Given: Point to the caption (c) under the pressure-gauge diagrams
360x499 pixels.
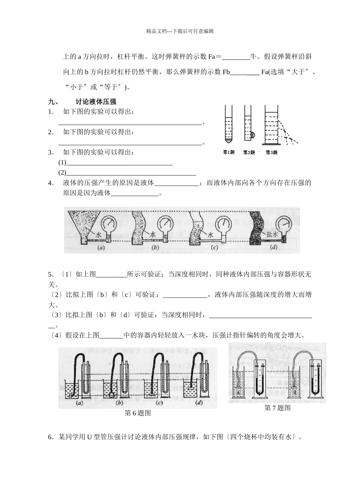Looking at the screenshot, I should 215,248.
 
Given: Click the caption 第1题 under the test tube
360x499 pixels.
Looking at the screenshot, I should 229,152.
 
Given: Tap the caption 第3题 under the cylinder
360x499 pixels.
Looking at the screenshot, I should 271,152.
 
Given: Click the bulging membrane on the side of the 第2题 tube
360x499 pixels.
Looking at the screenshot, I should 252,135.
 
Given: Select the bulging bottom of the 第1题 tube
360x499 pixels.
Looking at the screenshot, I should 228,141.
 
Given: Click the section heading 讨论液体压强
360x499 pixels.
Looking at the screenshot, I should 95,102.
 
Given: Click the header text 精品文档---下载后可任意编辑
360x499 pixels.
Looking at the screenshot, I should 180,31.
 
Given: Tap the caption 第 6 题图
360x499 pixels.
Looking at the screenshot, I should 138,414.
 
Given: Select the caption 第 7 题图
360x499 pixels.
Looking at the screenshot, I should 277,408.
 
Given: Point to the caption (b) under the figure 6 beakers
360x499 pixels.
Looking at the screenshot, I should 120,403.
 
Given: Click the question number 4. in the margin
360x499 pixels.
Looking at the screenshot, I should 51,183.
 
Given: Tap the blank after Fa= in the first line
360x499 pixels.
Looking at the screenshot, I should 236,57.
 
